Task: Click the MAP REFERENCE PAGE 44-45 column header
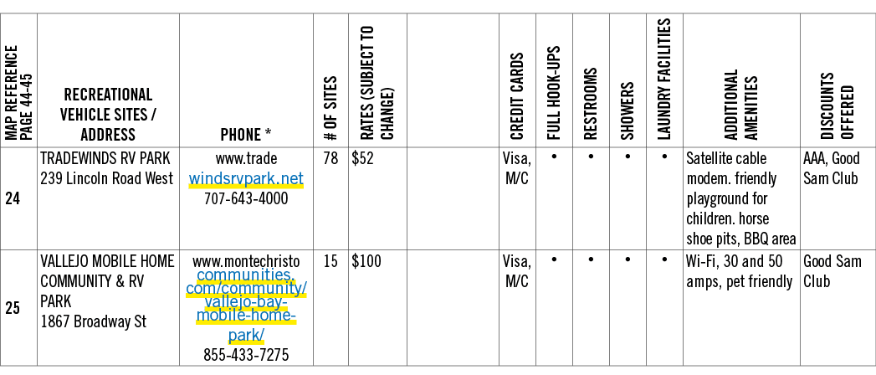pos(18,93)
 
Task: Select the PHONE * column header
pos(246,134)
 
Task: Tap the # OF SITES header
pos(330,109)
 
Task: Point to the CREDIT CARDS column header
pos(517,96)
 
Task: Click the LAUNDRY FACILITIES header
pos(664,79)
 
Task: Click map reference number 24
pos(13,199)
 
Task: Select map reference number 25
pos(13,308)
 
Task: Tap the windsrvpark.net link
pos(246,179)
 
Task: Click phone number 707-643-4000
pos(246,198)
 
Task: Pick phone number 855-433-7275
pos(246,355)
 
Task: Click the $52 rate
pos(362,159)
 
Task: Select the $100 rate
pos(366,261)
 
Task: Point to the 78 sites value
pos(330,159)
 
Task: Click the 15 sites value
pos(330,261)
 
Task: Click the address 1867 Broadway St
pos(94,322)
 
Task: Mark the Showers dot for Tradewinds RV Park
pos(628,157)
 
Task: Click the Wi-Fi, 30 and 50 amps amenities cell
pos(739,271)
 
